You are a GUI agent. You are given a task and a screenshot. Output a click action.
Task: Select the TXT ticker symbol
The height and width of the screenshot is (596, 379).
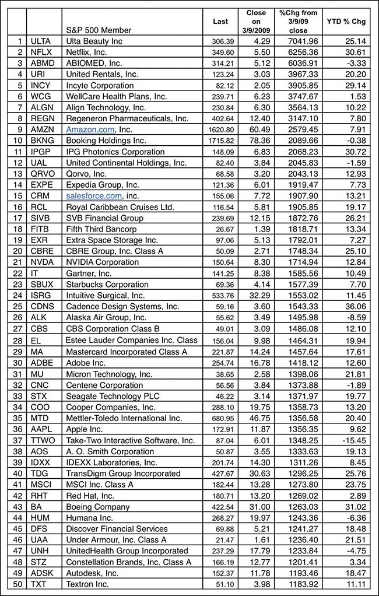[x=38, y=584]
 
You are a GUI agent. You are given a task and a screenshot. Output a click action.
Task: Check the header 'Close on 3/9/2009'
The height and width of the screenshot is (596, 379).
[x=256, y=21]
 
